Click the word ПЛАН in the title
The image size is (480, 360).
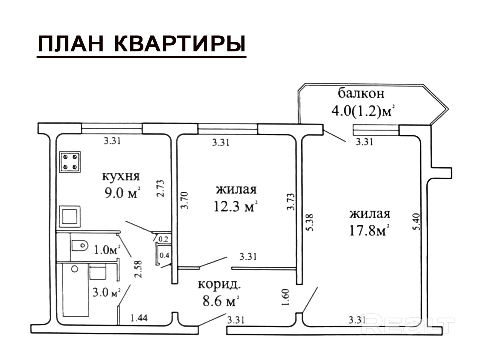[x=70, y=44]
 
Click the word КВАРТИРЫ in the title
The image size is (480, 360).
[x=180, y=44]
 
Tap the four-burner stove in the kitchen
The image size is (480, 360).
[x=70, y=162]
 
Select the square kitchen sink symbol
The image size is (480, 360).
[x=70, y=216]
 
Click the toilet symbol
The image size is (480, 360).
[x=79, y=245]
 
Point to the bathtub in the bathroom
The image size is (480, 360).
[x=75, y=289]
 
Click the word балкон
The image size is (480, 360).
[x=361, y=93]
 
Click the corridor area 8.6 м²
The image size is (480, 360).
[x=220, y=301]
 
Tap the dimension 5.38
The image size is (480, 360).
[x=310, y=222]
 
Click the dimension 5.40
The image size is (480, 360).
[x=417, y=222]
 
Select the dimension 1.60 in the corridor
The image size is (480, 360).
[x=286, y=297]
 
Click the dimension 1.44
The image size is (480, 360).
[x=139, y=318]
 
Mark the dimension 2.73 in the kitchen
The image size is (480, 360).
[x=160, y=188]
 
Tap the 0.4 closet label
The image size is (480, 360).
[x=164, y=255]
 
